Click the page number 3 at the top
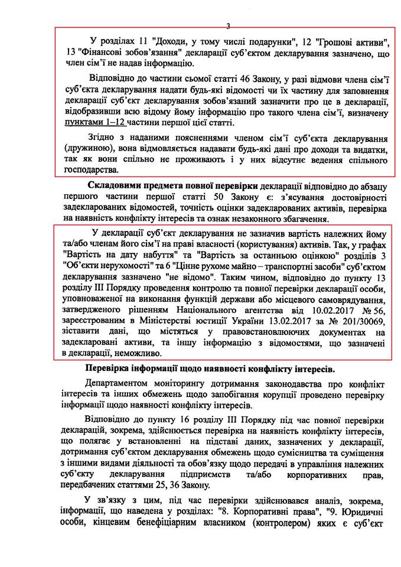[228, 25]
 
